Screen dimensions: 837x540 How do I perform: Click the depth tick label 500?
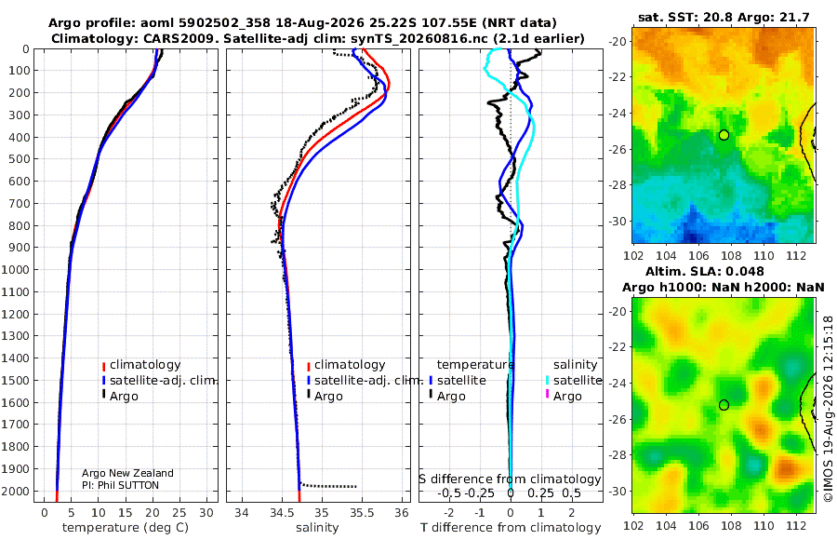19,159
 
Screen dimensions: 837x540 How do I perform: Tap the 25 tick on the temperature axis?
179,513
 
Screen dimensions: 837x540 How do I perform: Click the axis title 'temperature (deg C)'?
126,528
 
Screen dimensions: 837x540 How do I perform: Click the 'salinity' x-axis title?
317,528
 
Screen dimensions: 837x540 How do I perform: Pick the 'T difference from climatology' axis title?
511,528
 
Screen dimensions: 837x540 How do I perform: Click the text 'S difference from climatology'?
511,479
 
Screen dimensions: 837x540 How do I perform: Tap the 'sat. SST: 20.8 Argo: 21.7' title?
724,18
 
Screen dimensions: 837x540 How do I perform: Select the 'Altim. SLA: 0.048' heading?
705,272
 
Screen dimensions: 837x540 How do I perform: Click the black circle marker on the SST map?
724,135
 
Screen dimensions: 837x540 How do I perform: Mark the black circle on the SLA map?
724,405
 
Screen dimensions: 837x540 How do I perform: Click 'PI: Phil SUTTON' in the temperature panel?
120,485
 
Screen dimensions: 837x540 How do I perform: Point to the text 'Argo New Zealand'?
127,473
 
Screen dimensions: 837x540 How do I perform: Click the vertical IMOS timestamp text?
828,409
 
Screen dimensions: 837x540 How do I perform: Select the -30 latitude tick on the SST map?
618,221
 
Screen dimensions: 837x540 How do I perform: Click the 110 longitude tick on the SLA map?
764,525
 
